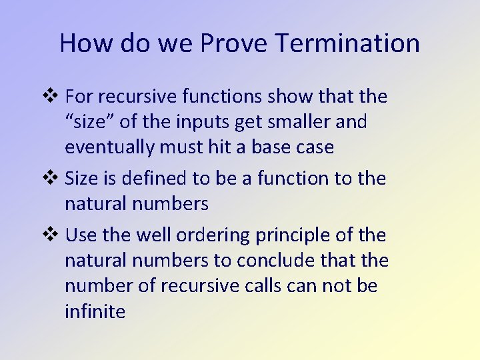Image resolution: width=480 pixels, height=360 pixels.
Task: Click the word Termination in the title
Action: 347,43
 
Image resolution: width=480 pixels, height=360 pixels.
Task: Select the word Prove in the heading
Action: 233,43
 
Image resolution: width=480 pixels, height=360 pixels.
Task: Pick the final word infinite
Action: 95,311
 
